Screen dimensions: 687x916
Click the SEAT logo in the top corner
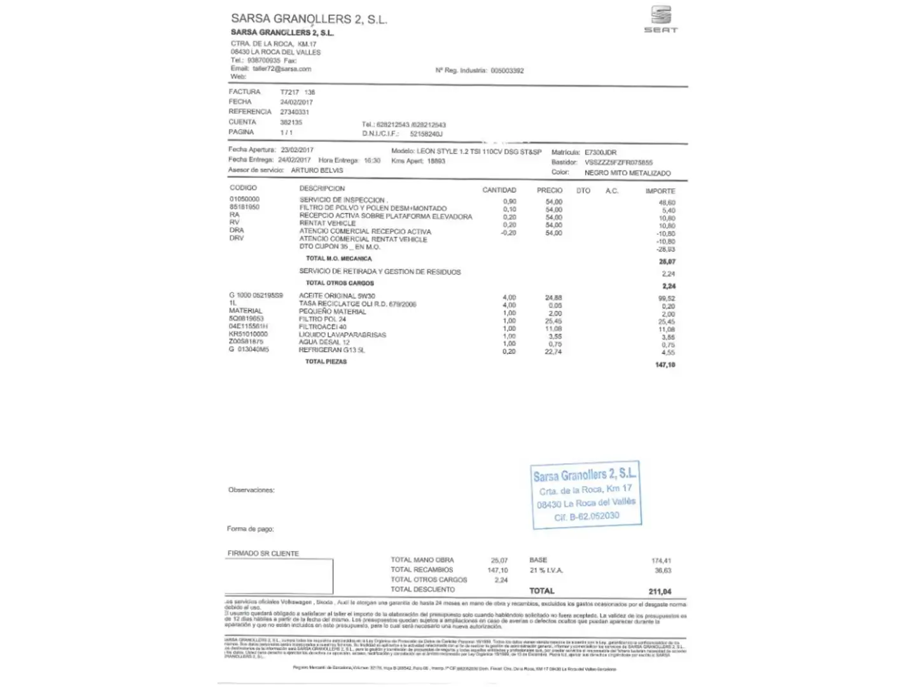(x=661, y=19)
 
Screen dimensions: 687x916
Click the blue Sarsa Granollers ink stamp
(x=586, y=495)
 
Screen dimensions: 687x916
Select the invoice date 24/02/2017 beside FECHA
(x=296, y=102)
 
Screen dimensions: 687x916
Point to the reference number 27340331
(x=295, y=112)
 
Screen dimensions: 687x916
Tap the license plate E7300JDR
(x=600, y=153)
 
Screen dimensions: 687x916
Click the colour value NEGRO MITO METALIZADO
(x=627, y=173)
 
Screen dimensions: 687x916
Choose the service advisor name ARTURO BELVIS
(x=317, y=170)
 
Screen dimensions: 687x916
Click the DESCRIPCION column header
(x=322, y=188)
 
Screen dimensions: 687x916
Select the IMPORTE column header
(x=660, y=191)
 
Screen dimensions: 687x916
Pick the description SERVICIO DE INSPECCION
(x=342, y=200)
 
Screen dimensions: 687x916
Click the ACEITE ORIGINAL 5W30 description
(x=337, y=296)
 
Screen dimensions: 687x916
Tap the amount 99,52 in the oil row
(x=667, y=298)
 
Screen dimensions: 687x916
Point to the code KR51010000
(x=248, y=334)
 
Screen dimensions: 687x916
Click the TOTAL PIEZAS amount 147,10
(x=665, y=365)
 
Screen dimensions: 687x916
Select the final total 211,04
(x=660, y=592)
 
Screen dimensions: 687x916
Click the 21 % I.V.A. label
(x=546, y=571)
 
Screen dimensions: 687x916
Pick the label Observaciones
(x=251, y=490)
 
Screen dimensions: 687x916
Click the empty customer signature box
(x=279, y=576)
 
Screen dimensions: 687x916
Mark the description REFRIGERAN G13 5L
(x=332, y=350)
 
